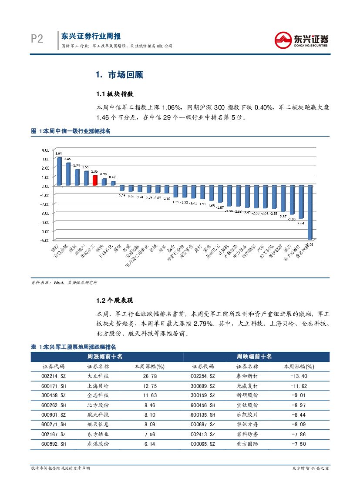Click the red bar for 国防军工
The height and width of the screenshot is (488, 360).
[x=95, y=180]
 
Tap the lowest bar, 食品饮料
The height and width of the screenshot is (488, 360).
[x=310, y=212]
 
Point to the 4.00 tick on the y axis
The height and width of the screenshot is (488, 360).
[x=45, y=150]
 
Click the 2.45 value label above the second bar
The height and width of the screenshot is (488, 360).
[x=67, y=159]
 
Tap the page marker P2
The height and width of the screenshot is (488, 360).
[x=37, y=40]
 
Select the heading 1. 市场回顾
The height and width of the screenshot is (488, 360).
[x=119, y=75]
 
